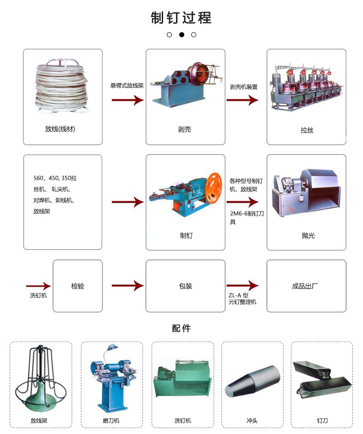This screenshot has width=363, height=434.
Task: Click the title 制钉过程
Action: (x=181, y=18)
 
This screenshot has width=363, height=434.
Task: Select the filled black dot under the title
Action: (x=181, y=34)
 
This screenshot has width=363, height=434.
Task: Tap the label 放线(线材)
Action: (x=63, y=129)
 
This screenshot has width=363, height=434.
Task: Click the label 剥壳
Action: (x=185, y=130)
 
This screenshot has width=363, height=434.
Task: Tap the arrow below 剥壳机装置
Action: (x=247, y=100)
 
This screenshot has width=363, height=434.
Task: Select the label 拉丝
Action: (x=307, y=131)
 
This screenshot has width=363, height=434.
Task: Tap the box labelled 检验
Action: (x=78, y=286)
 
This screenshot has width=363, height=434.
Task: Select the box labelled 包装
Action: (x=186, y=286)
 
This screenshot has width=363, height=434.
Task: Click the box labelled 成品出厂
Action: (x=306, y=286)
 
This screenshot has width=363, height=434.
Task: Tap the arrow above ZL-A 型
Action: (x=247, y=286)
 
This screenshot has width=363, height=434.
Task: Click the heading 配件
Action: (x=181, y=328)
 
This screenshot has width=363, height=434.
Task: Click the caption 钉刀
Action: (x=322, y=420)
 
